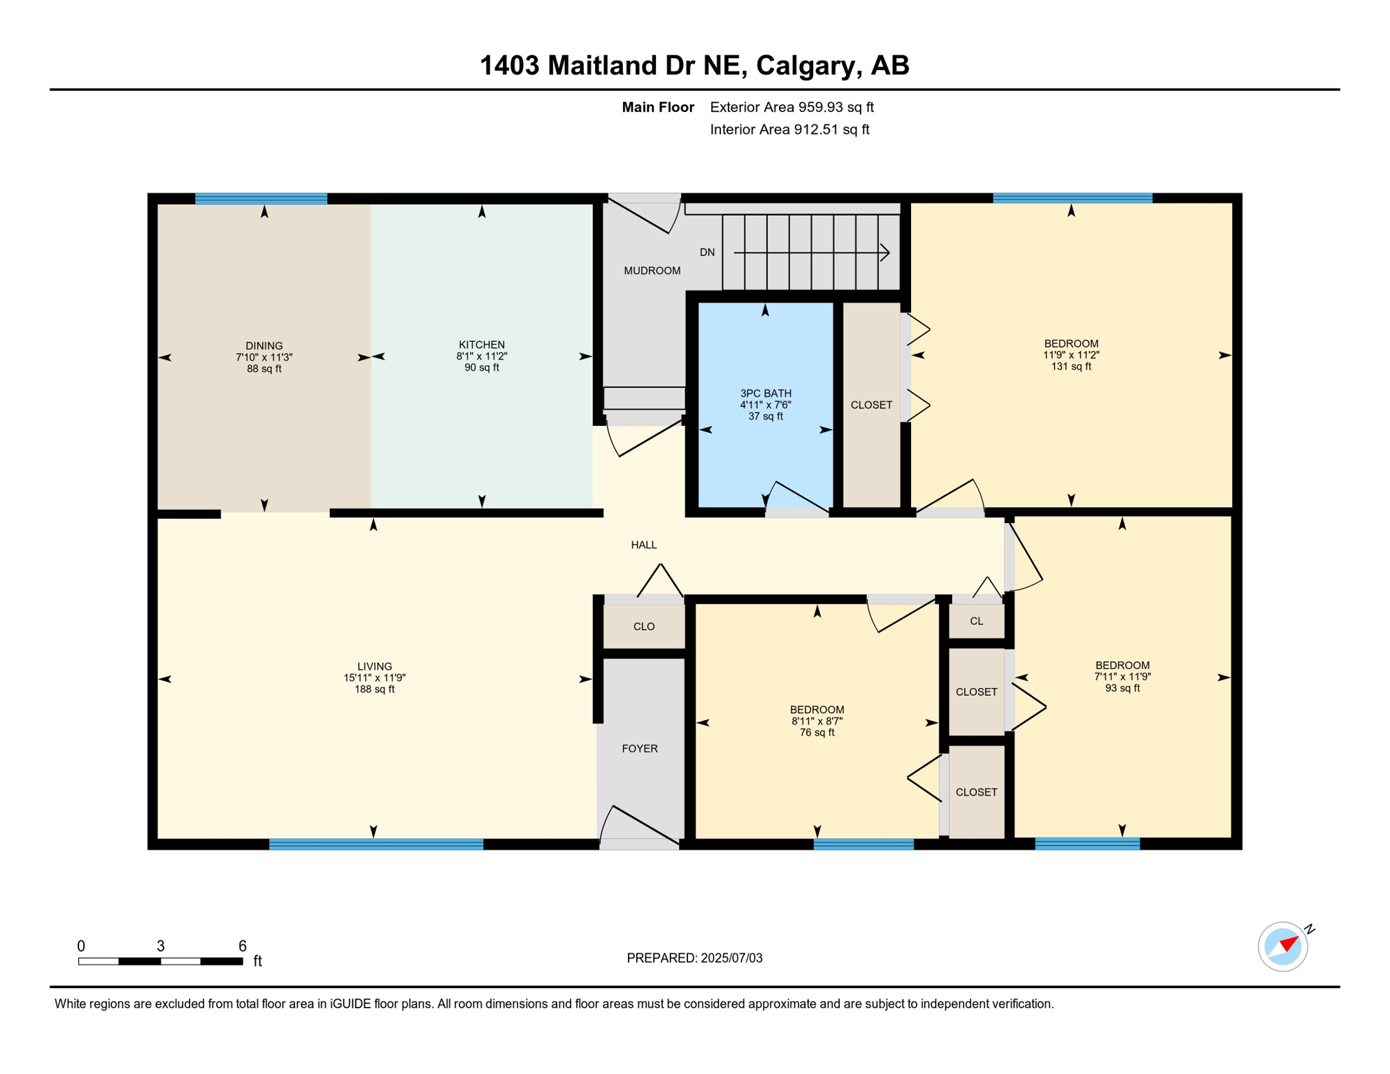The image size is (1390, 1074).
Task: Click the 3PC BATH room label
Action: tap(766, 394)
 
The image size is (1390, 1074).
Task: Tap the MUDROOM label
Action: tap(652, 271)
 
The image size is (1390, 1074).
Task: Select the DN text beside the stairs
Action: tap(707, 252)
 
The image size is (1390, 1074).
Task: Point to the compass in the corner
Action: tap(1283, 947)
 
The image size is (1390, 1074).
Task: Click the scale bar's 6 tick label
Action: tap(242, 946)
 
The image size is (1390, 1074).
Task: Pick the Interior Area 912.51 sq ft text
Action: tap(789, 129)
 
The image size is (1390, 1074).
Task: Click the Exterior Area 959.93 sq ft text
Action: tap(791, 107)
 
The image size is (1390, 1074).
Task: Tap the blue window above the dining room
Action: tap(261, 199)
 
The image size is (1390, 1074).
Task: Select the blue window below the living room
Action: tap(376, 844)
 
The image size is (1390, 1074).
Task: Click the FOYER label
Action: tap(639, 748)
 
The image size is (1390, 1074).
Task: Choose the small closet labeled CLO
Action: tap(644, 626)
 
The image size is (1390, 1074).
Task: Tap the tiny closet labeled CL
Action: tap(976, 621)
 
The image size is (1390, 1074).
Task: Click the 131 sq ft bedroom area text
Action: tap(1070, 366)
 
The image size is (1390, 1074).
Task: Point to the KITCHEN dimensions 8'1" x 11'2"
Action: tap(482, 356)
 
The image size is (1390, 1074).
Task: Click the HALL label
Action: tap(643, 545)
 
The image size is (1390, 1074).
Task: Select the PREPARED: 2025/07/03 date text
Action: tap(694, 958)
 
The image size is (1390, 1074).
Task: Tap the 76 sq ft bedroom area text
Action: tap(817, 733)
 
